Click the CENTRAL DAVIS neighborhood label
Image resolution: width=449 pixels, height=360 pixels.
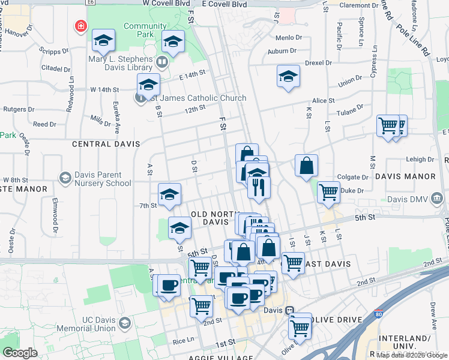[106, 144]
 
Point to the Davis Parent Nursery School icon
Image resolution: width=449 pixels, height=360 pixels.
[65, 178]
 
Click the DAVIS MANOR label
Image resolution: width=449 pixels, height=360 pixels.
[405, 176]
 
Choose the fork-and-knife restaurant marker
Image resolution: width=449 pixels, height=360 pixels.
[259, 188]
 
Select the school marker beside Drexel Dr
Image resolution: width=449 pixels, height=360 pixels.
[288, 77]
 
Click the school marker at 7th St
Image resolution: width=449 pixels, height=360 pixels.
[169, 194]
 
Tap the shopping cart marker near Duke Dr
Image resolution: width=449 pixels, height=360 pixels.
[328, 193]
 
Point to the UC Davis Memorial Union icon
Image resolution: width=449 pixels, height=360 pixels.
[124, 323]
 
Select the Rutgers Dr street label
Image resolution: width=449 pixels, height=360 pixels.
[16, 109]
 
